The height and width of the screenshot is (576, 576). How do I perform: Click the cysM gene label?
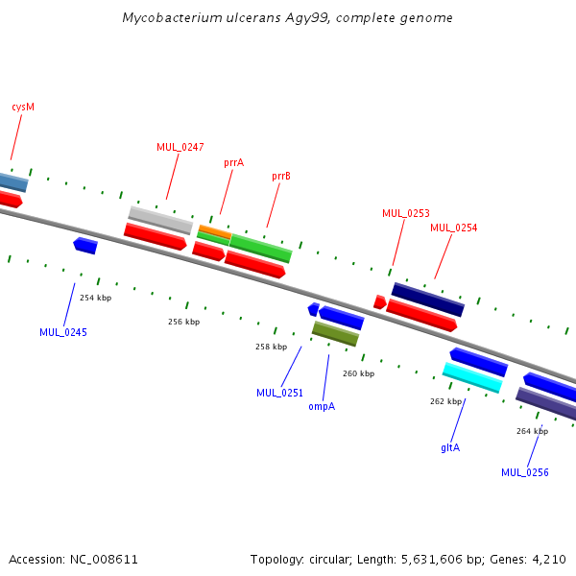click(23, 107)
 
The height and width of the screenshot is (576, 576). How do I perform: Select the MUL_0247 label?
click(180, 147)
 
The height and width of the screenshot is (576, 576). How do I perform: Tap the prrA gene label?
click(233, 163)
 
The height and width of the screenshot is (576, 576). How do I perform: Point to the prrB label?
click(281, 177)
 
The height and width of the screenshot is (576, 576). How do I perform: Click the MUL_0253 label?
click(405, 213)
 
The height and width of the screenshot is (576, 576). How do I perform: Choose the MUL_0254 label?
click(454, 228)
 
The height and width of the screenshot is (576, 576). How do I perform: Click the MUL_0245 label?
click(63, 332)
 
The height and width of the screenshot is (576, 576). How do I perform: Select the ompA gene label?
click(322, 407)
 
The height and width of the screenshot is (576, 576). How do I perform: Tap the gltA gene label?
click(450, 447)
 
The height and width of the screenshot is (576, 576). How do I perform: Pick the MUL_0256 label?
click(525, 472)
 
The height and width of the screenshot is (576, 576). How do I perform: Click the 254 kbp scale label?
click(95, 298)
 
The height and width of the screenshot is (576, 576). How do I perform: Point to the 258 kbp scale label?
click(271, 347)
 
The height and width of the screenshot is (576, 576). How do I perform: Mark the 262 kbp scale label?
click(445, 401)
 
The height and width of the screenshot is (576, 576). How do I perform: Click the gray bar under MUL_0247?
click(160, 220)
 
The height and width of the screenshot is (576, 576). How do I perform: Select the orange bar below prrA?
click(215, 231)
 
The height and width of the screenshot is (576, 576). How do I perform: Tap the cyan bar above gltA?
click(472, 377)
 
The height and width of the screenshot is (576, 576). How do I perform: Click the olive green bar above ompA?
click(335, 333)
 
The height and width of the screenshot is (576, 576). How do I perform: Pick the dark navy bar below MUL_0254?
click(428, 300)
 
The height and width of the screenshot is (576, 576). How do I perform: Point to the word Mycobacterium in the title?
click(172, 18)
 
